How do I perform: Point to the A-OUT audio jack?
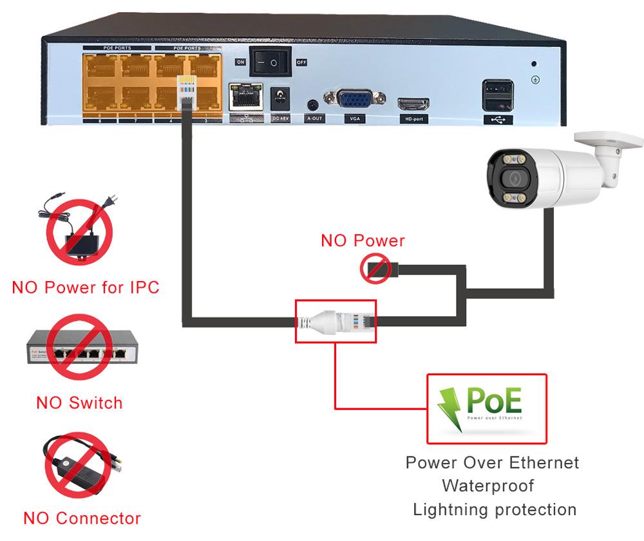tap(314, 104)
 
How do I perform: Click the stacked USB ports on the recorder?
tap(498, 95)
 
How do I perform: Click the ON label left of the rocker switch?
tap(240, 63)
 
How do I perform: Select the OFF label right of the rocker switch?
tap(301, 63)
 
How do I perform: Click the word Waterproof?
tap(488, 485)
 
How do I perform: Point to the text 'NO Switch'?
tap(79, 403)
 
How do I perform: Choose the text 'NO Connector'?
tap(82, 518)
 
